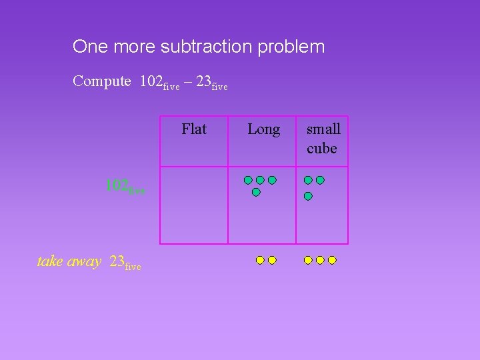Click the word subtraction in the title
tap(204, 47)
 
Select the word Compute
tap(102, 82)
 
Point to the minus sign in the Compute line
tap(189, 82)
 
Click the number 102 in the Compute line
tap(151, 82)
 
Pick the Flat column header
tap(194, 129)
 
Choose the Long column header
tap(263, 129)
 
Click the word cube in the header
tap(322, 149)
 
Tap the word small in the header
tap(323, 129)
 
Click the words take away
tap(69, 261)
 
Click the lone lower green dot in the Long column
tap(256, 192)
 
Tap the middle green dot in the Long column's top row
tap(260, 180)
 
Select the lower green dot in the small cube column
tap(308, 196)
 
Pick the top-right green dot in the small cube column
tap(320, 180)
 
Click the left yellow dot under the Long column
tap(260, 260)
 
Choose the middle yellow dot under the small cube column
tap(320, 260)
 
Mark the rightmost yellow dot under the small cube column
tap(332, 260)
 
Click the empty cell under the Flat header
tap(194, 205)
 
